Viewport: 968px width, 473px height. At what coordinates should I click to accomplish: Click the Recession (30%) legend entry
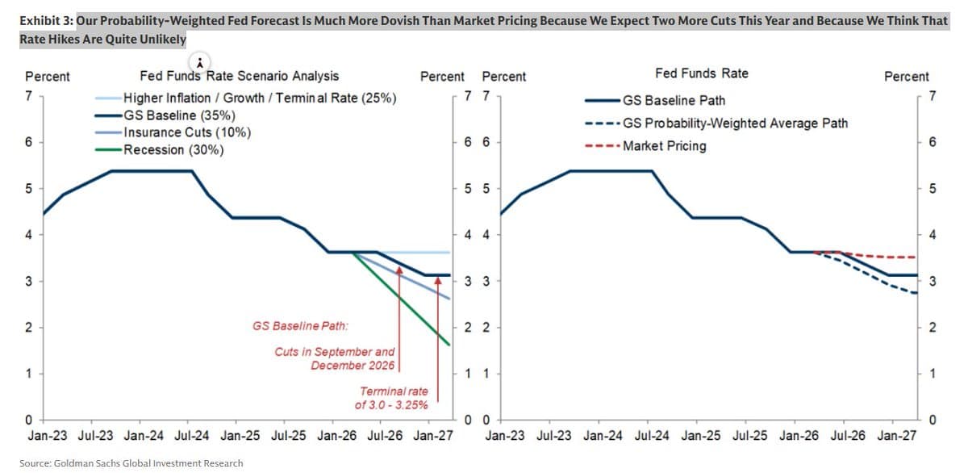[173, 150]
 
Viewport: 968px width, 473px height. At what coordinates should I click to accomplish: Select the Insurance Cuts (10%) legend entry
[185, 132]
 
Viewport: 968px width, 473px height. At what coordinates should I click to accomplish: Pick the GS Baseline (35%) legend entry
[178, 115]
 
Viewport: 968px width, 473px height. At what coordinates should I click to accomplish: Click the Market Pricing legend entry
[664, 146]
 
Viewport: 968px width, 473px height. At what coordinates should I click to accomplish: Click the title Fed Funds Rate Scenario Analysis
[240, 76]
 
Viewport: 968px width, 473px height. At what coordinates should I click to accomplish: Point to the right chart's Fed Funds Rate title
[701, 73]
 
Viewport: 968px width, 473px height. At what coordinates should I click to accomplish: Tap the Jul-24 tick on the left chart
[191, 436]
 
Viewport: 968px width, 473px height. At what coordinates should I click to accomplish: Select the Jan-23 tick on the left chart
[48, 436]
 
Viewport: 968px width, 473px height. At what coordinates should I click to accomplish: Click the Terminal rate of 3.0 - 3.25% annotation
[393, 397]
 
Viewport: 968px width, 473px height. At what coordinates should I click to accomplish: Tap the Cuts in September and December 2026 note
[335, 358]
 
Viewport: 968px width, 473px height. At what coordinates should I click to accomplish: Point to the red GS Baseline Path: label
[300, 327]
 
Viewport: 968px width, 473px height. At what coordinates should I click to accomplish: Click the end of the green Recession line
[449, 345]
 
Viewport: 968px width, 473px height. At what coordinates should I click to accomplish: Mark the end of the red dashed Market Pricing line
[916, 257]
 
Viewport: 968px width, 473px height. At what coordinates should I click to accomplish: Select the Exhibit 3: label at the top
[46, 21]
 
